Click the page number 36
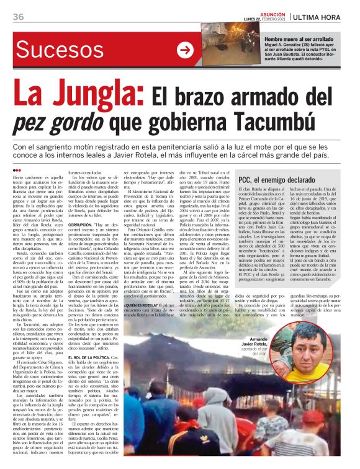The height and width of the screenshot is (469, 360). tap(17, 17)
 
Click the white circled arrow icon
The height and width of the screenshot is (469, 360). tap(185, 51)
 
